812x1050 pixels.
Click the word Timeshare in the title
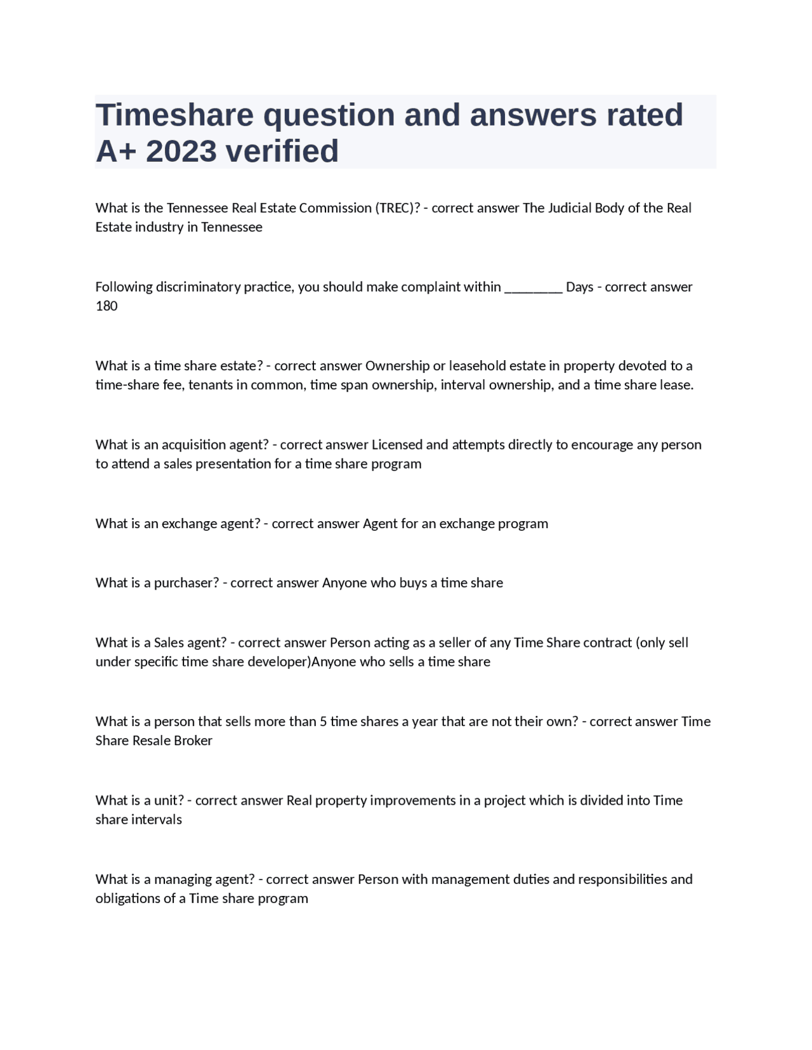click(x=174, y=115)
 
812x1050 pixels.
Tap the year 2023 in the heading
click(x=180, y=152)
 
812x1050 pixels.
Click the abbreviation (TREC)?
click(x=397, y=208)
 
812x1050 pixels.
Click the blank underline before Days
click(x=533, y=287)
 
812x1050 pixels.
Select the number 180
click(x=107, y=306)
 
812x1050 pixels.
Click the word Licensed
click(x=397, y=444)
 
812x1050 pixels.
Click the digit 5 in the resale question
click(x=324, y=722)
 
